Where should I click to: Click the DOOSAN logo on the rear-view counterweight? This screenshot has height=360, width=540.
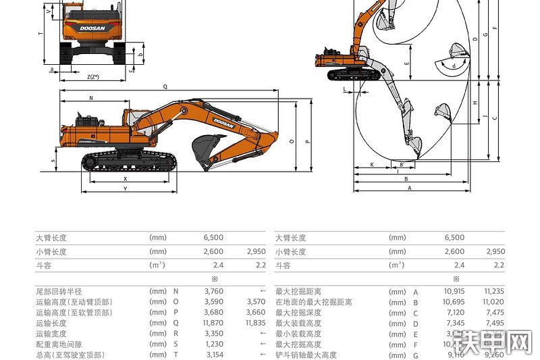coord(92,29)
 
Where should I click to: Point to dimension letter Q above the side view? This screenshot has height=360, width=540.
coord(165,87)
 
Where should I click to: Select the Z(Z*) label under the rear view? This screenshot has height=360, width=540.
coord(93,77)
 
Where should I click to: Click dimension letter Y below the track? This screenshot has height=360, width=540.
coord(125,189)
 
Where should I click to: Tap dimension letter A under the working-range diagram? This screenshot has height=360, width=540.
coord(409,189)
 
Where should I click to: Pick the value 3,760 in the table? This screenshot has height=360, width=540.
coord(213,291)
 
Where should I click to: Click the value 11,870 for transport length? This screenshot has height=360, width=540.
coord(213,323)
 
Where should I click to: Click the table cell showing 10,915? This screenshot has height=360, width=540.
coord(454,291)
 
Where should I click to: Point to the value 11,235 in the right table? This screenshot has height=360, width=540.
coord(494,291)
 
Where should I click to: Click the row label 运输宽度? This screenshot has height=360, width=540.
coord(51,334)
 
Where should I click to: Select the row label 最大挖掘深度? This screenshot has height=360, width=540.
coord(298,313)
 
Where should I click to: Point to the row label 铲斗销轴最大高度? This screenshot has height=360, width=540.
coord(306,355)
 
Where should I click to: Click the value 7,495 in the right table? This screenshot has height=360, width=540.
coord(494,323)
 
